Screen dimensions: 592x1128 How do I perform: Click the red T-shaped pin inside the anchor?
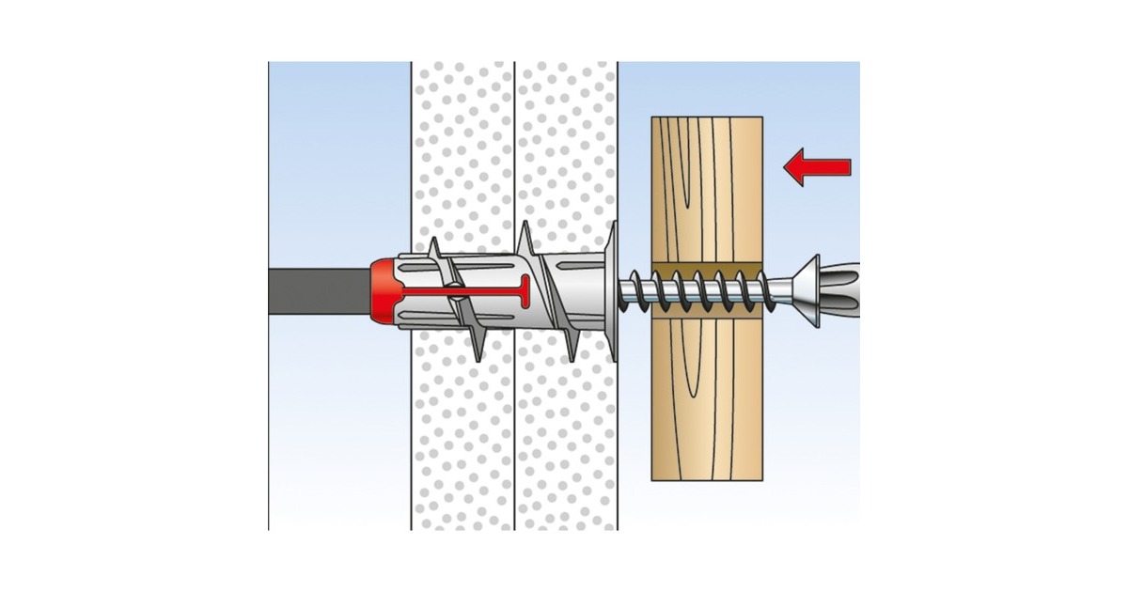pyautogui.click(x=470, y=290)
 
